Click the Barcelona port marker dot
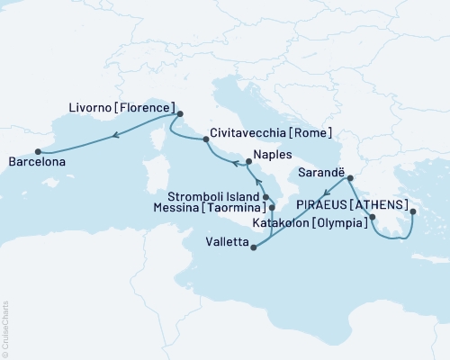(x=37, y=151)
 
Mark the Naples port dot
(x=247, y=162)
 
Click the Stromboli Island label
(x=214, y=195)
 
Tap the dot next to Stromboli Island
(x=265, y=196)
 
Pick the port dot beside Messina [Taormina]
(x=271, y=209)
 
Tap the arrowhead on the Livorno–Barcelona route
(x=117, y=136)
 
